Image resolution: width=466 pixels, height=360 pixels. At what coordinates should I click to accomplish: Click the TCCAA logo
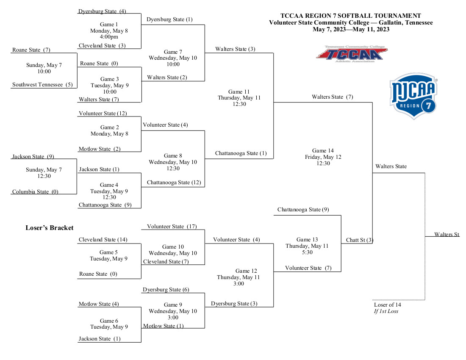click(351, 54)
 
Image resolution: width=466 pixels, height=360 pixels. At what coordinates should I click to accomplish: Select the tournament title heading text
click(351, 16)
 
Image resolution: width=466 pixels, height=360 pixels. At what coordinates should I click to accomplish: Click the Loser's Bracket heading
click(50, 228)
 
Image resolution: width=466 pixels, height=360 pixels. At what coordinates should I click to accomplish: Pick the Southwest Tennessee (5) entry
click(42, 85)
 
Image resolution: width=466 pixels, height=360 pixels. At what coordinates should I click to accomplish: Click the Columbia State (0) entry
click(35, 191)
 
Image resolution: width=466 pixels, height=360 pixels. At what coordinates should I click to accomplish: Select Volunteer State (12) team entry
click(103, 114)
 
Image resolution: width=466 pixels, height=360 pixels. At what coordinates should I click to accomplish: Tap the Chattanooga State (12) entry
click(174, 183)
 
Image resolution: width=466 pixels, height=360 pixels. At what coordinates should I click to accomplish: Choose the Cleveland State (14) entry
click(103, 240)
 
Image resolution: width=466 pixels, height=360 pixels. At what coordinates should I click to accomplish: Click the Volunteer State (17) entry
click(172, 227)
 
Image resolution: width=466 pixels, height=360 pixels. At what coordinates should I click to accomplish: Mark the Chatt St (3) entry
click(359, 241)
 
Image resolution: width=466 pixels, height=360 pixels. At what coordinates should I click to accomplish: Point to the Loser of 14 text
click(387, 305)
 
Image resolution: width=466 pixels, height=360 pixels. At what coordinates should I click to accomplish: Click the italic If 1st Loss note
click(386, 311)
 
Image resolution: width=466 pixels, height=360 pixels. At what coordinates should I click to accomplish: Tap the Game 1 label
click(109, 25)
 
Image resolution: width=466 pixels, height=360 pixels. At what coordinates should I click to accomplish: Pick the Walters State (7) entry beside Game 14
click(332, 97)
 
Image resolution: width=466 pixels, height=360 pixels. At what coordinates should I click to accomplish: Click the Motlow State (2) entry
click(100, 149)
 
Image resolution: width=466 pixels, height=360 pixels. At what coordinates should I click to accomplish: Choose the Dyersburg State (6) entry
click(166, 290)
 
